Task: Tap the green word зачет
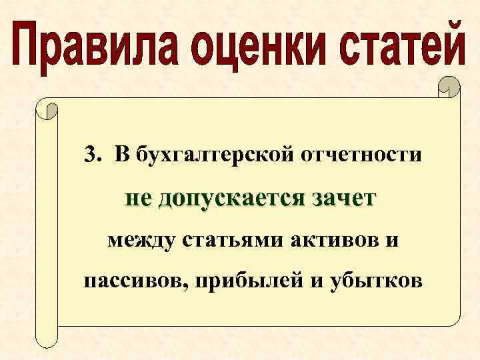click(343, 198)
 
